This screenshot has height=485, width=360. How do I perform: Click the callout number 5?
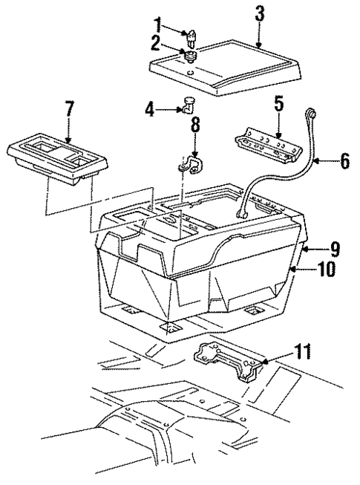pos(278,105)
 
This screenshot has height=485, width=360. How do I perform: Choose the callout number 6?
pos(344,160)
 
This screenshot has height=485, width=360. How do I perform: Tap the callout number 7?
pos(68,110)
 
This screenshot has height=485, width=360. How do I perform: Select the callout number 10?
pos(327,269)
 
